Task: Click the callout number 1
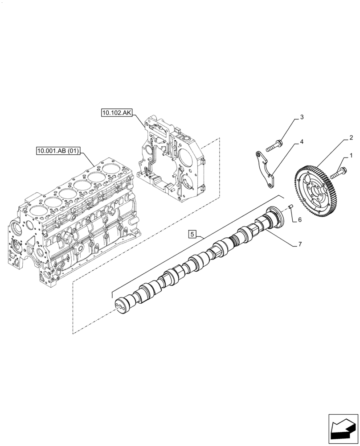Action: click(351, 156)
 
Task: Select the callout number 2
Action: click(351, 138)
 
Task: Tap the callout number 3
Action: click(302, 117)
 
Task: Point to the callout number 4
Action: click(302, 142)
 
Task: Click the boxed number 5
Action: click(192, 234)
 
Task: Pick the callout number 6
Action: click(300, 219)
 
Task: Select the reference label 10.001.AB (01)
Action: click(58, 151)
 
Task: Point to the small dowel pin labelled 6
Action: click(289, 207)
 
